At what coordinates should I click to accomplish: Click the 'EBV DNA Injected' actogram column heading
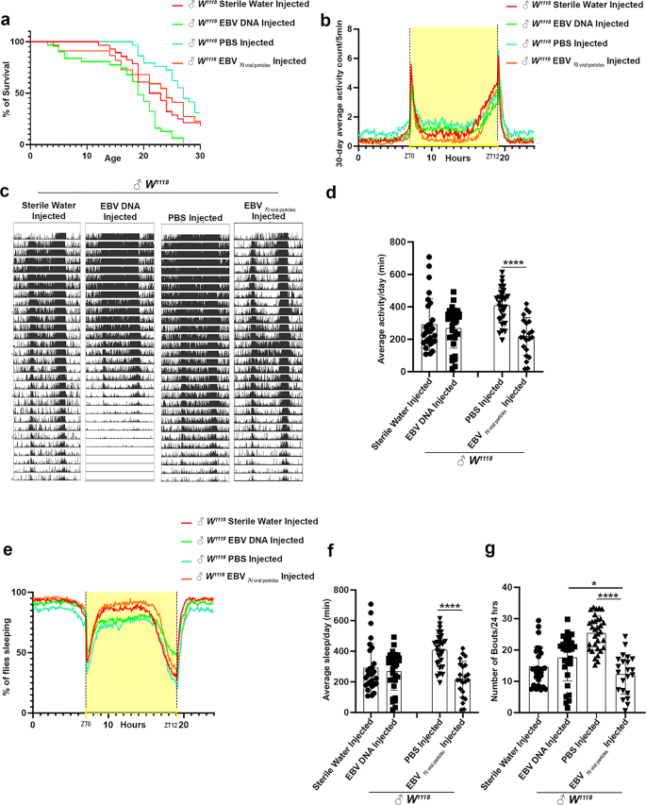(120, 210)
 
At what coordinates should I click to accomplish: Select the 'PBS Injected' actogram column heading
(194, 217)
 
